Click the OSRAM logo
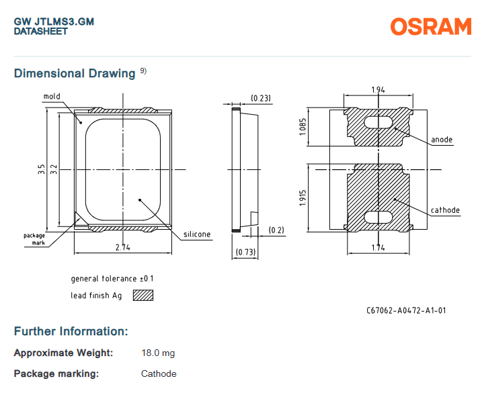(x=430, y=26)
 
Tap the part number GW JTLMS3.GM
(x=54, y=21)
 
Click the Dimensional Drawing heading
(x=75, y=73)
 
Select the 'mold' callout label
(x=52, y=97)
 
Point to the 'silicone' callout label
(x=196, y=234)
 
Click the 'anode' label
(x=442, y=140)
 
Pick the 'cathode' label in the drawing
(x=445, y=210)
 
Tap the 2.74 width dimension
(x=122, y=247)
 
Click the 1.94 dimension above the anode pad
(x=378, y=89)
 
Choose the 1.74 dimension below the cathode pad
(x=378, y=247)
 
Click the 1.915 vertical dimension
(x=303, y=198)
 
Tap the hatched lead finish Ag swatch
(x=143, y=295)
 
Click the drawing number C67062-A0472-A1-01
(x=406, y=310)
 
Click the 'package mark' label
(x=34, y=238)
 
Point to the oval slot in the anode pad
(x=378, y=122)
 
